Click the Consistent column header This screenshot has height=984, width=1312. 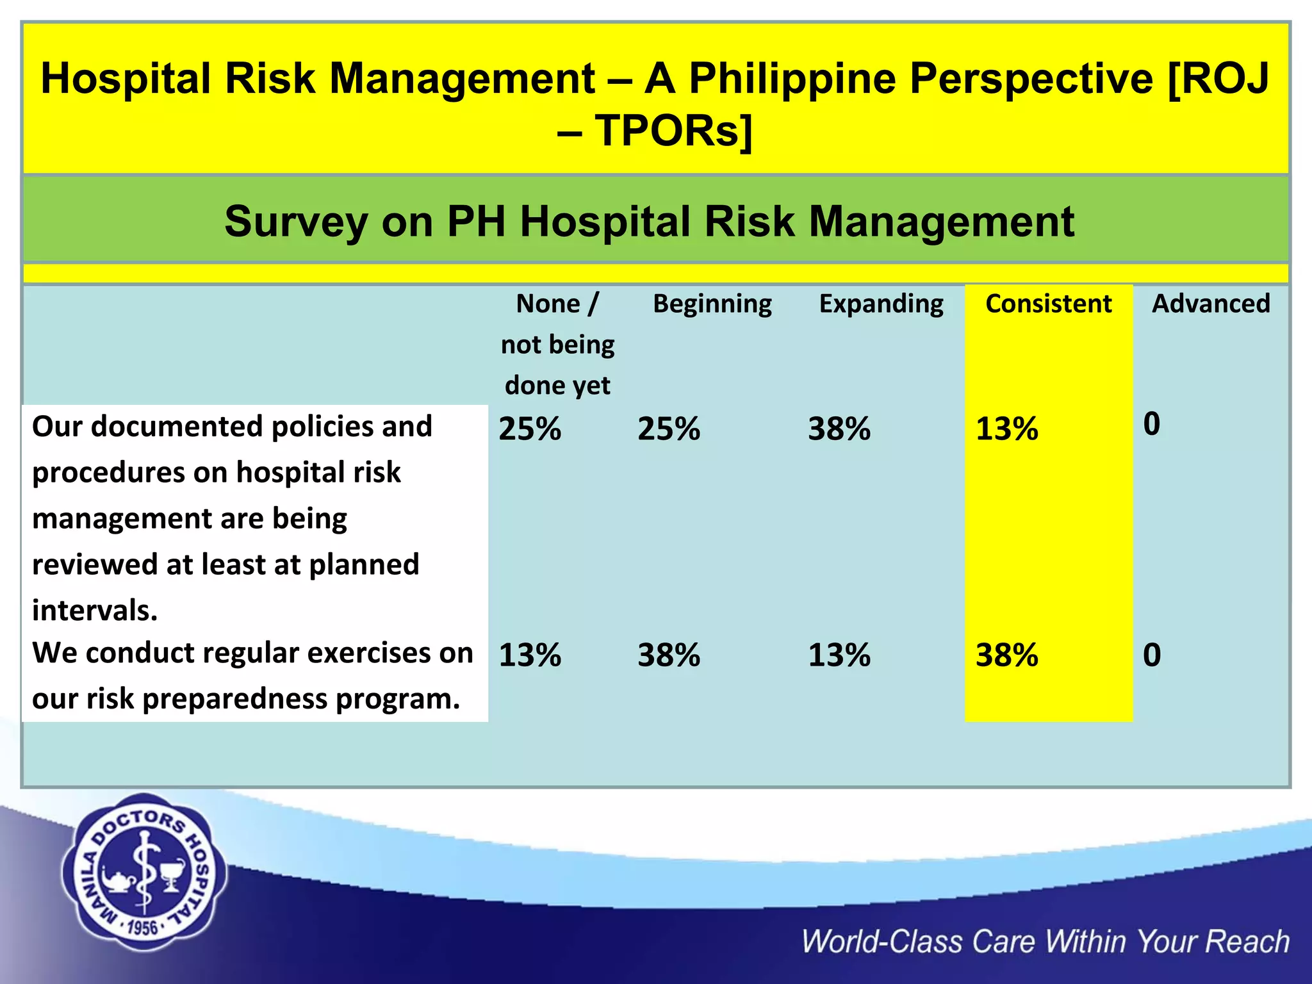pyautogui.click(x=1048, y=304)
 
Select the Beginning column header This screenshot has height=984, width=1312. pyautogui.click(x=712, y=304)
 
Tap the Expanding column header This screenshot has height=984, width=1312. pyautogui.click(x=881, y=304)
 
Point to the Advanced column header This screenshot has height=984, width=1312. pyautogui.click(x=1210, y=304)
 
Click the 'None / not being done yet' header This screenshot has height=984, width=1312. pyautogui.click(x=557, y=345)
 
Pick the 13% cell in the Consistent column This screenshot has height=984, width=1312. pyautogui.click(x=1006, y=429)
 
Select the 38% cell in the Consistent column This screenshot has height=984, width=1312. pyautogui.click(x=1006, y=655)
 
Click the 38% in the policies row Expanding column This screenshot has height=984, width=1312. pyautogui.click(x=839, y=429)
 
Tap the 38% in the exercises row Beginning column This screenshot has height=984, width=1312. pyautogui.click(x=669, y=655)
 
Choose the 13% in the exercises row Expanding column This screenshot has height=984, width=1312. pyautogui.click(x=839, y=655)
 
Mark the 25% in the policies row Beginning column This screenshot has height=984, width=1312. pyautogui.click(x=669, y=429)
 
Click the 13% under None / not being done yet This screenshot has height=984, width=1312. pyautogui.click(x=530, y=655)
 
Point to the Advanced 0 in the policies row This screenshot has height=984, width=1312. pyautogui.click(x=1151, y=424)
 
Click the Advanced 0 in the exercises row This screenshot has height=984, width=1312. pyautogui.click(x=1151, y=655)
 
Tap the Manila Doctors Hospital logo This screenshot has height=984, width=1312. pyautogui.click(x=144, y=873)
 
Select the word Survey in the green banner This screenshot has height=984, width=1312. pyautogui.click(x=295, y=222)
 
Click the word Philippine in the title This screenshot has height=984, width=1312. pyautogui.click(x=792, y=79)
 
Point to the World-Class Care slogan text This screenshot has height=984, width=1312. pyautogui.click(x=1045, y=942)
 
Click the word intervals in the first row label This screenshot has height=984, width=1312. pyautogui.click(x=94, y=611)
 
